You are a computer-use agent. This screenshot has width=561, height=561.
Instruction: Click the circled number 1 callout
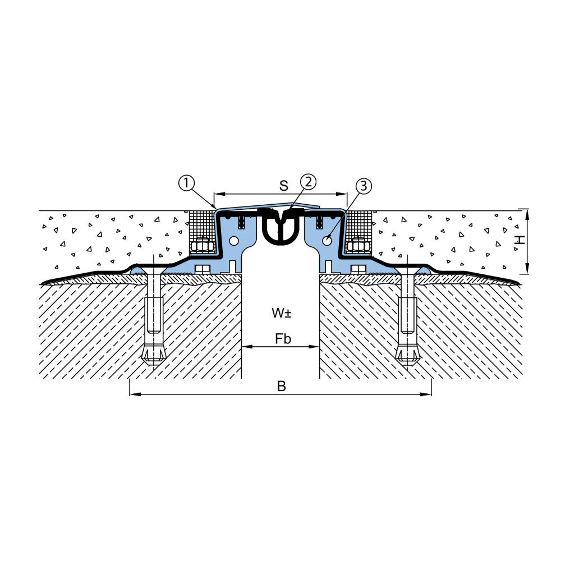(x=186, y=183)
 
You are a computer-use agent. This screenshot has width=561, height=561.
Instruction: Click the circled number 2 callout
(x=308, y=182)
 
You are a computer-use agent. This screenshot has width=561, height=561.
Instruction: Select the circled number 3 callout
(x=364, y=186)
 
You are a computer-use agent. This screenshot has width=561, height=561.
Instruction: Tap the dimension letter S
(x=284, y=186)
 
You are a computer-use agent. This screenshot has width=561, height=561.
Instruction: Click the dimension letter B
(x=282, y=386)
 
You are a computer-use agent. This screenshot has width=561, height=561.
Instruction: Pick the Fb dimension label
(x=283, y=338)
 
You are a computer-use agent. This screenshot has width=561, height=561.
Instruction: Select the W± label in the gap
(x=282, y=312)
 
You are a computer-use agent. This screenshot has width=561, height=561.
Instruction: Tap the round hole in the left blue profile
(x=234, y=241)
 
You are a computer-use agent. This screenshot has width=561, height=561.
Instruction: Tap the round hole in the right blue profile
(x=327, y=241)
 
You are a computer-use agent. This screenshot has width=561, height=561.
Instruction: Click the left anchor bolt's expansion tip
(x=154, y=354)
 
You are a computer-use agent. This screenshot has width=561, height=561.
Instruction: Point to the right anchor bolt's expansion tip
(x=407, y=354)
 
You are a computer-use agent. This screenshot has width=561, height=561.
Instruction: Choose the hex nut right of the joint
(x=358, y=246)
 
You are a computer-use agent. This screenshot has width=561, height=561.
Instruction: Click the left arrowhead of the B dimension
(x=135, y=394)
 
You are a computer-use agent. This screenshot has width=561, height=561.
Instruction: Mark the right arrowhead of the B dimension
(x=426, y=394)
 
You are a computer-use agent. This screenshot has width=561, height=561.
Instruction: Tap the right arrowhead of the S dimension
(x=342, y=194)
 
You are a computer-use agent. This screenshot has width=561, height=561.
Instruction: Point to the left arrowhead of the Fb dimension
(x=247, y=347)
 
